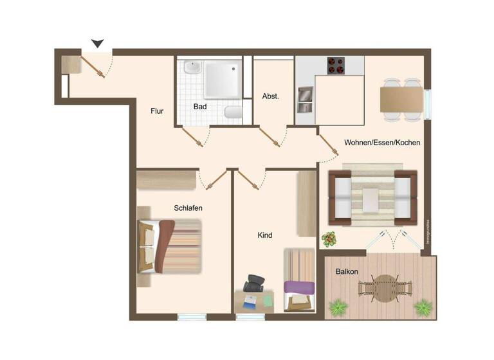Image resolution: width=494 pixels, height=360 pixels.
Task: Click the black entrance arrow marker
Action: (97, 43)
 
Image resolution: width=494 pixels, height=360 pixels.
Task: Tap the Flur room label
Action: (157, 111)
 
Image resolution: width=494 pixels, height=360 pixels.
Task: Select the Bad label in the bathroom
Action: (200, 107)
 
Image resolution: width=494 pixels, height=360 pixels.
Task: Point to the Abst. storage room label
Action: (271, 96)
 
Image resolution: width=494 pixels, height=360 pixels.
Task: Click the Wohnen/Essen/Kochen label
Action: (382, 143)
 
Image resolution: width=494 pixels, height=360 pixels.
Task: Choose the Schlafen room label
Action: (188, 208)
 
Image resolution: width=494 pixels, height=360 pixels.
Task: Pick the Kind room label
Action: (265, 235)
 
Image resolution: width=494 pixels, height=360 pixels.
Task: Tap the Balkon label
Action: (347, 272)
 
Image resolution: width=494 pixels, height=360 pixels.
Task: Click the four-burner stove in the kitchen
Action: (336, 66)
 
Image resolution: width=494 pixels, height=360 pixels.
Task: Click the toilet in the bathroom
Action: (233, 113)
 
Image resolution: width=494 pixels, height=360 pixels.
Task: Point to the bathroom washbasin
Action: (192, 67)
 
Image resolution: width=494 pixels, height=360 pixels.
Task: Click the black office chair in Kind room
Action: (254, 283)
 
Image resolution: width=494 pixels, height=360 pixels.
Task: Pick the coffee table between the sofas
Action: (372, 199)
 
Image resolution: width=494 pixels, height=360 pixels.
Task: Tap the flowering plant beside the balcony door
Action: (329, 239)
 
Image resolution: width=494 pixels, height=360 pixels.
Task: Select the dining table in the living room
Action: (401, 100)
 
